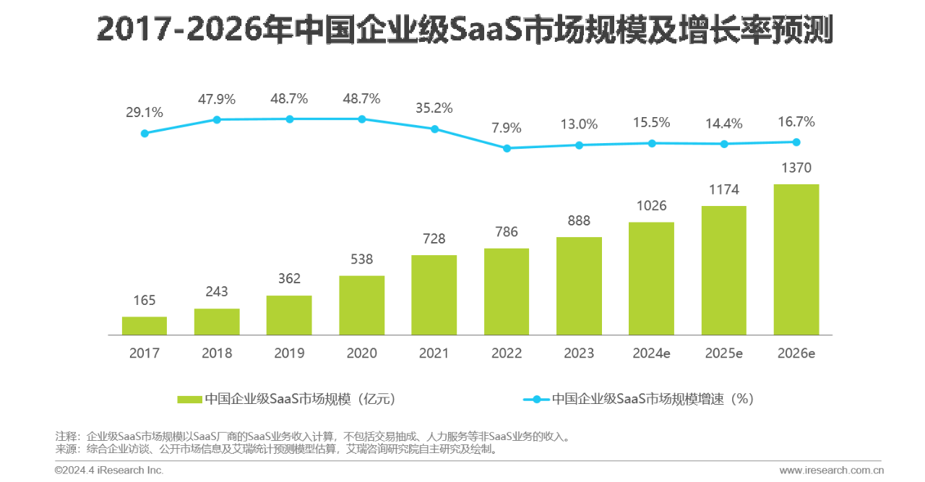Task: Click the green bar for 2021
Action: tap(434, 295)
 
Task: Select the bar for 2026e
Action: tap(796, 259)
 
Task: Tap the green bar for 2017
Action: tap(145, 326)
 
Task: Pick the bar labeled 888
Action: tap(579, 286)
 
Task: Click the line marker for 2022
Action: tap(507, 148)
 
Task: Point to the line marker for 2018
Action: tap(216, 120)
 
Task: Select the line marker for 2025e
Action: tap(723, 144)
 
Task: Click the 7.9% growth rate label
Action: tap(507, 128)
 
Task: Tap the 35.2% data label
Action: tap(434, 108)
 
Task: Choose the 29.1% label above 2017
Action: tap(145, 113)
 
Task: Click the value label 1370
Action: tap(796, 168)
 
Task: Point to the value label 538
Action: tap(361, 259)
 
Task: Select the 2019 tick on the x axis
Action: tap(289, 353)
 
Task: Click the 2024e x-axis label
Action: tap(651, 353)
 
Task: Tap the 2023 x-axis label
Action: tap(579, 353)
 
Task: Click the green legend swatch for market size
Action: tap(189, 399)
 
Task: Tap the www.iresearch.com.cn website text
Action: tap(831, 470)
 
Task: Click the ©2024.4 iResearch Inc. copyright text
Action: tap(109, 470)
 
